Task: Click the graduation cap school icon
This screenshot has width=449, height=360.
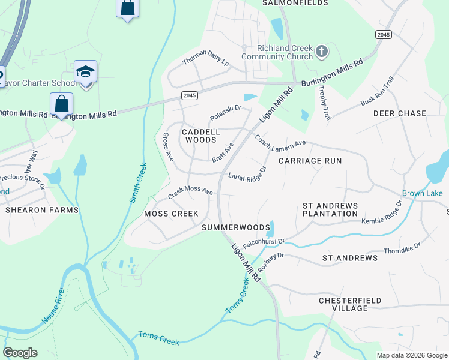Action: (x=86, y=71)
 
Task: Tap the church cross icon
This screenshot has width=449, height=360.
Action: (x=321, y=52)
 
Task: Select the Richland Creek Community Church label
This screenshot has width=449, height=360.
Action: (x=276, y=52)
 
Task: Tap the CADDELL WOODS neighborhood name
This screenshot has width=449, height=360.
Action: (x=201, y=136)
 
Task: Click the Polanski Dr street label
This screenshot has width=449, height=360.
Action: (x=225, y=112)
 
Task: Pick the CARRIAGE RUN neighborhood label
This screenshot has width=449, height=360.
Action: (x=310, y=161)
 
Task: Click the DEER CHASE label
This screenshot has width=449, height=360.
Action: (x=399, y=113)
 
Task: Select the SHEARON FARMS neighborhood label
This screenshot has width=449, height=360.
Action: (x=42, y=210)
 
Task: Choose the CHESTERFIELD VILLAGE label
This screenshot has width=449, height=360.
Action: (x=351, y=304)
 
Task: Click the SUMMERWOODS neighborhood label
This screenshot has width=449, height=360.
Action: (x=236, y=227)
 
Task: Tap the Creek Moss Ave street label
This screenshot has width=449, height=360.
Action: (x=190, y=192)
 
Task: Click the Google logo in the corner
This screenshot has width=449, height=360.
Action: (x=20, y=353)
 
